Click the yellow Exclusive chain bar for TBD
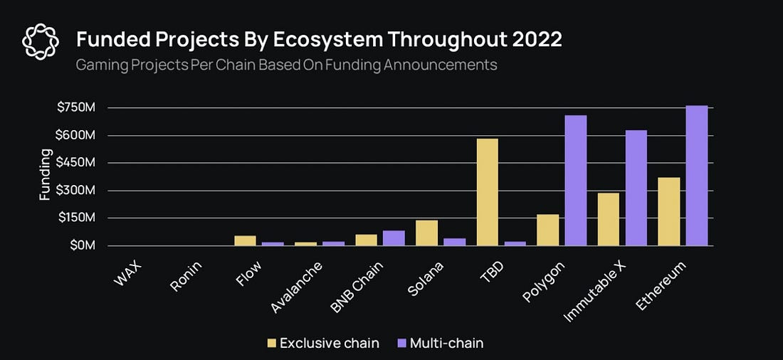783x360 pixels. pos(487,192)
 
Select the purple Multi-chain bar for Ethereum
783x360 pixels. pos(698,176)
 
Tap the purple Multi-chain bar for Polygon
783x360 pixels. pos(576,181)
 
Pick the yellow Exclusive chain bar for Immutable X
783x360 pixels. pos(608,219)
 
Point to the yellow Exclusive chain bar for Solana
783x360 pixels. pos(426,233)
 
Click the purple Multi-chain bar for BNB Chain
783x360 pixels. pos(394,238)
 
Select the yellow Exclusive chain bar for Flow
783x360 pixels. pos(245,240)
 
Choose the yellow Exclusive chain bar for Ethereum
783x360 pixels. pos(669,211)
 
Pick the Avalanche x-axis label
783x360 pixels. pos(297,287)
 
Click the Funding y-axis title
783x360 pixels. pos(45,174)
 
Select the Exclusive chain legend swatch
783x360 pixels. pos(271,343)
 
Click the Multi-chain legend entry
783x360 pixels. pos(443,343)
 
